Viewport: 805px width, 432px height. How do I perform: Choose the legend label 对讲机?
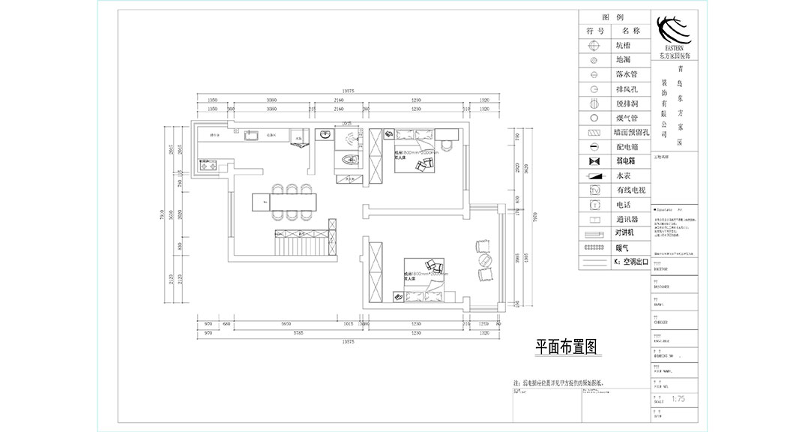click(626, 232)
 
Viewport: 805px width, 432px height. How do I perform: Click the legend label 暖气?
click(621, 247)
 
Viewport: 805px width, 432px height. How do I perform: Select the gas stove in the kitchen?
click(207, 162)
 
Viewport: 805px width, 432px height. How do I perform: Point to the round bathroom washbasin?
click(325, 136)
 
